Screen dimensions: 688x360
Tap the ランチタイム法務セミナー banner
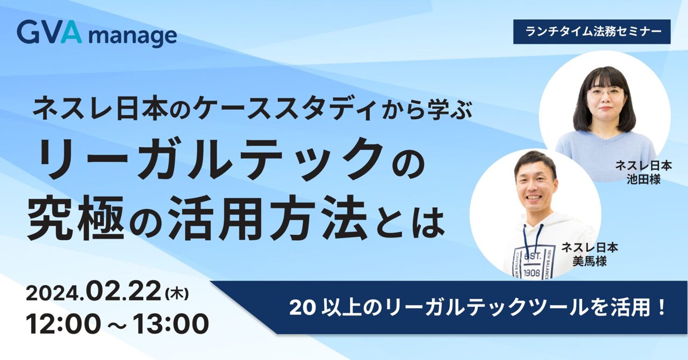coord(592,32)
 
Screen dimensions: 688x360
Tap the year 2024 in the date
coord(54,294)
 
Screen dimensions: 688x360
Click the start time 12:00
coord(63,323)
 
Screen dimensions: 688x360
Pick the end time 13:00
coord(171,323)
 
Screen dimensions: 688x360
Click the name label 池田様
coord(643,179)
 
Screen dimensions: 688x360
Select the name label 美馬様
coord(590,262)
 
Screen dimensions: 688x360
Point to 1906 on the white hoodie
coord(532,272)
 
